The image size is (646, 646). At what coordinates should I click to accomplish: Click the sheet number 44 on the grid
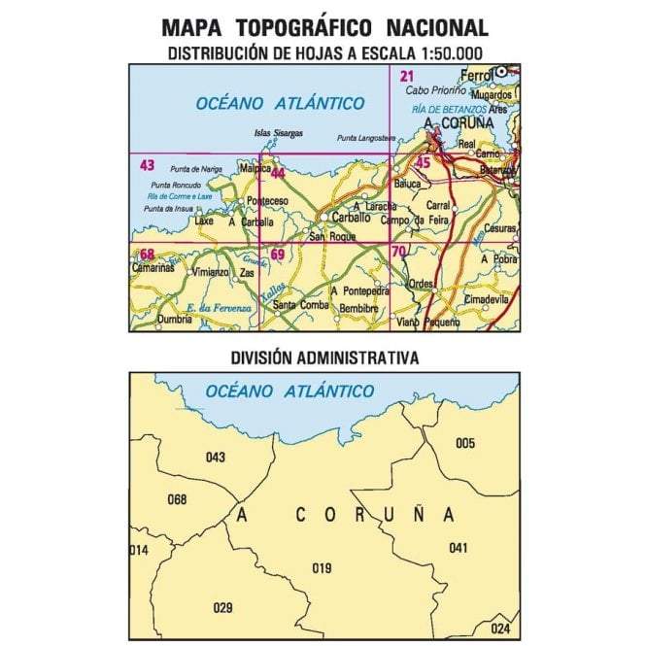(278, 173)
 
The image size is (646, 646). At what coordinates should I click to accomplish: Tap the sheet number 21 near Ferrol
(407, 77)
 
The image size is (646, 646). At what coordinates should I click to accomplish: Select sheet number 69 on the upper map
(278, 255)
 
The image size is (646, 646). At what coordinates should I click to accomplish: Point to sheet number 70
(398, 253)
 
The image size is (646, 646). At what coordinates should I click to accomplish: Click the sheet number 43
(147, 164)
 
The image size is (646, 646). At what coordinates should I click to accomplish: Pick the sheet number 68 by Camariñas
(147, 255)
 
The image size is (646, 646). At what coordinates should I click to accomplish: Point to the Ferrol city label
(479, 75)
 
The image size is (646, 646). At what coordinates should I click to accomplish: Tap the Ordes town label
(422, 284)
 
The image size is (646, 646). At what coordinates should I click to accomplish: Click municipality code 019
(322, 568)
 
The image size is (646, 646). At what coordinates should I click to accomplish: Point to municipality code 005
(465, 443)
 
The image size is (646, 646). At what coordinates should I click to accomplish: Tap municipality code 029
(222, 608)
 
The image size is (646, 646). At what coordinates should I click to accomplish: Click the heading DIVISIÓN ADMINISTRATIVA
(324, 357)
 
